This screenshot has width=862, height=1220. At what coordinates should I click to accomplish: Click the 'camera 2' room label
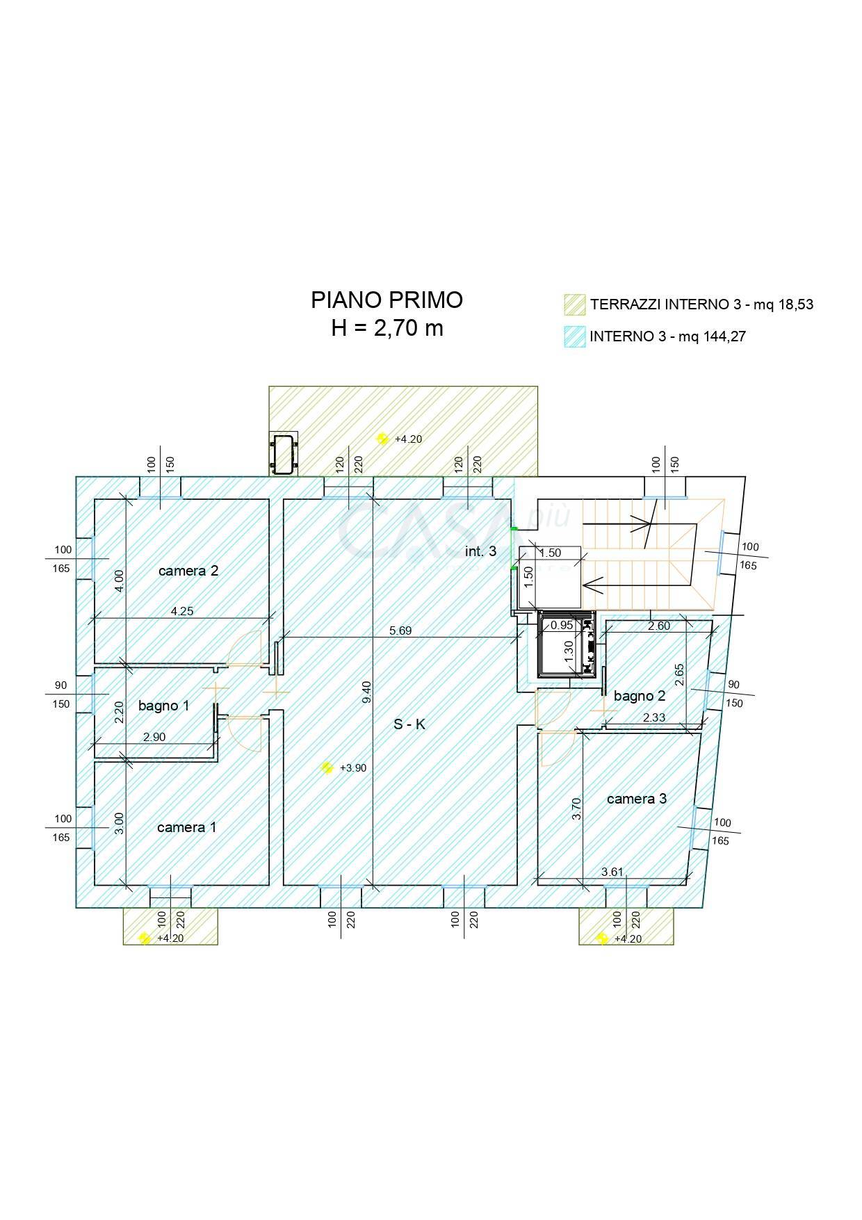point(188,571)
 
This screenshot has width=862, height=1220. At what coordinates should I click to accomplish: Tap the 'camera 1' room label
point(186,827)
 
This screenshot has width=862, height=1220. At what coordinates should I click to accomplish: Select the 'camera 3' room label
point(637,799)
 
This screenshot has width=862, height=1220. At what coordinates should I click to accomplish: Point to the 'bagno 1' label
point(163,706)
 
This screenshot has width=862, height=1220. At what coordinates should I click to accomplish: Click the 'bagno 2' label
point(640,696)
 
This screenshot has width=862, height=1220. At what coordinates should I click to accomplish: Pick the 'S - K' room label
point(409,724)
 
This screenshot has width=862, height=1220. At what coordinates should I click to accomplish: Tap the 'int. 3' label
point(480,551)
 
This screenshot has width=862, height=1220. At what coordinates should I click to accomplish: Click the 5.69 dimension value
point(400,631)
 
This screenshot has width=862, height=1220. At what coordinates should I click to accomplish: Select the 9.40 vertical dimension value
point(368,692)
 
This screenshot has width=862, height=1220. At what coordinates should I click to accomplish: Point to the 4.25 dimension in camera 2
point(182,612)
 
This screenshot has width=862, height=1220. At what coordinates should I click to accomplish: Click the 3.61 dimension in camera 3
point(612,872)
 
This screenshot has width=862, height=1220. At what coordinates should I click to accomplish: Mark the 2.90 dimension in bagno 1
point(154,737)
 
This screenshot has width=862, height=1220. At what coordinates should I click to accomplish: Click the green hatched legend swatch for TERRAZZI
point(574,304)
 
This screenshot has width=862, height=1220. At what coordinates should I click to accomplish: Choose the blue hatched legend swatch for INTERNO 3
point(574,336)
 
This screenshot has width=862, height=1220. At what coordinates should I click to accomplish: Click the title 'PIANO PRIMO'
point(387,300)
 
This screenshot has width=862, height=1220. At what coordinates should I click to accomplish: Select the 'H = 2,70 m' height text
point(387,328)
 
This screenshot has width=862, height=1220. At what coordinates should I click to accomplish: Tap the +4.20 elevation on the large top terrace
point(408,439)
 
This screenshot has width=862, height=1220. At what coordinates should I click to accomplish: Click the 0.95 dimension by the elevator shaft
point(562,625)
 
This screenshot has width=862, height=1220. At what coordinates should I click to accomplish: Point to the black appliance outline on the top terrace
point(283,453)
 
